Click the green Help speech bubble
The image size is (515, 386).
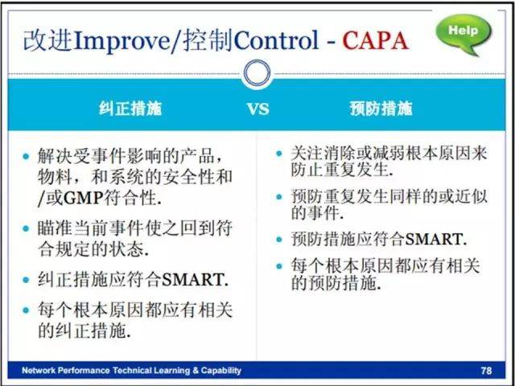(x=463, y=34)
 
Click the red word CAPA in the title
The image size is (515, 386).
(x=375, y=41)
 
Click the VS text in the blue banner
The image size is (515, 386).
(x=257, y=109)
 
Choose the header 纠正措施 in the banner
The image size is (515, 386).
(x=130, y=109)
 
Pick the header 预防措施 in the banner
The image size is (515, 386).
(x=381, y=109)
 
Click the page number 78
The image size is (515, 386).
(x=486, y=371)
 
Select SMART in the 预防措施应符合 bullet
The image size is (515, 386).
(x=435, y=240)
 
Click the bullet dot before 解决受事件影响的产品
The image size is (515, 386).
(x=26, y=156)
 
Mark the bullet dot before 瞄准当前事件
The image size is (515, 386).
(x=26, y=228)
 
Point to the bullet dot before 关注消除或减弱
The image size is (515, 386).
(x=279, y=154)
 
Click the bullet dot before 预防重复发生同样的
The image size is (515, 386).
(x=279, y=196)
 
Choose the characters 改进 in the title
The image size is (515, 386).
(x=48, y=41)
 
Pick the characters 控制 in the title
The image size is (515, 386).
(x=208, y=41)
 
